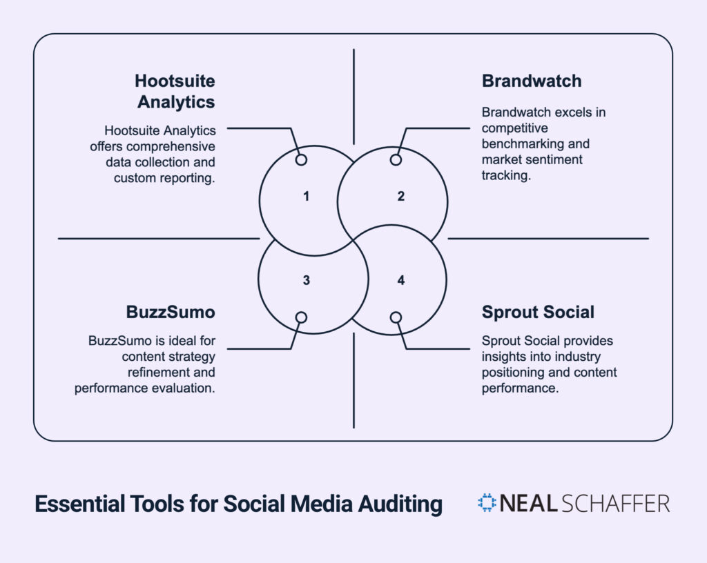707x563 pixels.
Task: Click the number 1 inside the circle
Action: coord(306,197)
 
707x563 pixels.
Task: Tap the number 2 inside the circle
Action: coord(400,197)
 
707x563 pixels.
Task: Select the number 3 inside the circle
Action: coord(306,280)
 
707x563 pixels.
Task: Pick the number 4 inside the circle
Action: coord(400,280)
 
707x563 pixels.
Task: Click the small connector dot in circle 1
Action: coord(301,159)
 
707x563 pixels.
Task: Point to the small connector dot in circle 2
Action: coord(396,159)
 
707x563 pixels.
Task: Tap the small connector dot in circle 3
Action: coord(301,317)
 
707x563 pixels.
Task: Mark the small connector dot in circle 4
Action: coord(396,317)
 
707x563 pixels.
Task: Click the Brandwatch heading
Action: coord(532,81)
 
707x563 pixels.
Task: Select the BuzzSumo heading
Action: coord(171,312)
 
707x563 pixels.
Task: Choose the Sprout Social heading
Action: coord(538,312)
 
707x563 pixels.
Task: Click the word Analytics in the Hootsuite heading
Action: coord(176,102)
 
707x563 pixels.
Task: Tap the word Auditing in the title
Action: coord(400,504)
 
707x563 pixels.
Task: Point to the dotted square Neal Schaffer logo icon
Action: coord(487,503)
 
